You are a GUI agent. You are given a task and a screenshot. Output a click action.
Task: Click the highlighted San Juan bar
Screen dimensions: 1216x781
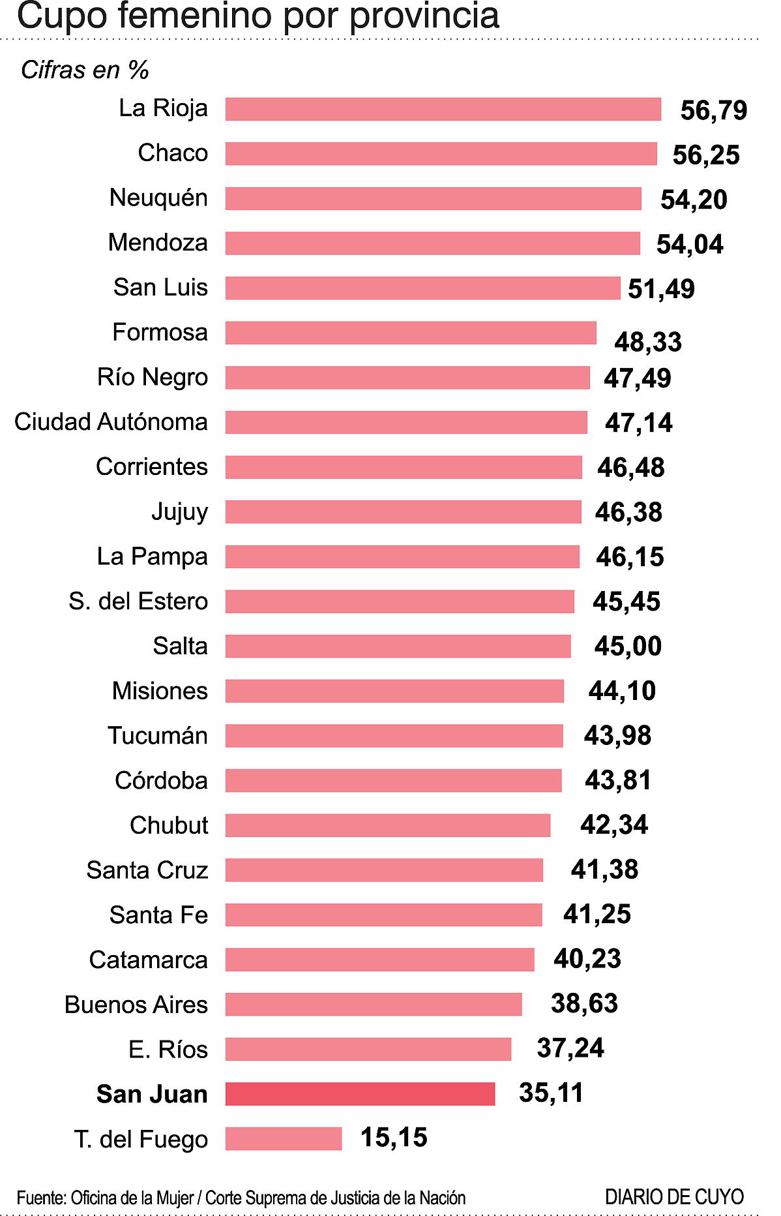(360, 1094)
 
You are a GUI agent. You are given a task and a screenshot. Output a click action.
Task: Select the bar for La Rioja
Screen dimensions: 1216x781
(443, 109)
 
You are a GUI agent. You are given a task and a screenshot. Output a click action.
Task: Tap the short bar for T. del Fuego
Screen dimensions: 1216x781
(284, 1138)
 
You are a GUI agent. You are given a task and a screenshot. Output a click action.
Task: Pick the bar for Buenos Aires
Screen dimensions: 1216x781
(374, 1004)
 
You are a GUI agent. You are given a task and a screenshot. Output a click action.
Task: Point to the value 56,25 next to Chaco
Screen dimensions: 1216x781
(706, 155)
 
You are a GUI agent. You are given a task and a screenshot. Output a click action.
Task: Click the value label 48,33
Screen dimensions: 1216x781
(648, 341)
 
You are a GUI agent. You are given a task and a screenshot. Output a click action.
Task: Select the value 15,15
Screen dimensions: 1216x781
(394, 1137)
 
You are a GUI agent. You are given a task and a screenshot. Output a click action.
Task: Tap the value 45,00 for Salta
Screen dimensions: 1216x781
(628, 646)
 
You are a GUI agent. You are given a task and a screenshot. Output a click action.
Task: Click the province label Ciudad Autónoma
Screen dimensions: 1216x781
(111, 422)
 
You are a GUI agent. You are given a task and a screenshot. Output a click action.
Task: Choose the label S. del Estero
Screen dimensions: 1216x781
(138, 601)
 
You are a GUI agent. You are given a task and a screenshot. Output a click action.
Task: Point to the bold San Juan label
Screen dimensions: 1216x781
(152, 1094)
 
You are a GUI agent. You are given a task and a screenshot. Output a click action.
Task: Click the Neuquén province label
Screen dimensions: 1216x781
(158, 198)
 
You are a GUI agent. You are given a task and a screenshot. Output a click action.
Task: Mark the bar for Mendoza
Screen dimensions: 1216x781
(433, 243)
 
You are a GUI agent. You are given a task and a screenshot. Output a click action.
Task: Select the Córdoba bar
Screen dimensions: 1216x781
(393, 780)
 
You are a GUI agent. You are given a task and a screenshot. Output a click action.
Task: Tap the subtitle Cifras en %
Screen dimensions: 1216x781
(85, 70)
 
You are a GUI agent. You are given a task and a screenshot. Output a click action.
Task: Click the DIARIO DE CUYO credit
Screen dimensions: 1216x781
(674, 1197)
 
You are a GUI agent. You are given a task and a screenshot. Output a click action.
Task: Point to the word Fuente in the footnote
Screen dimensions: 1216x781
(40, 1198)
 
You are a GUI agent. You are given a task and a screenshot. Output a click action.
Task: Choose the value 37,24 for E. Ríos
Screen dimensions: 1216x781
(570, 1048)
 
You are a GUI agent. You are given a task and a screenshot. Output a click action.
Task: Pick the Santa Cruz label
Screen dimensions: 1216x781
(147, 870)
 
